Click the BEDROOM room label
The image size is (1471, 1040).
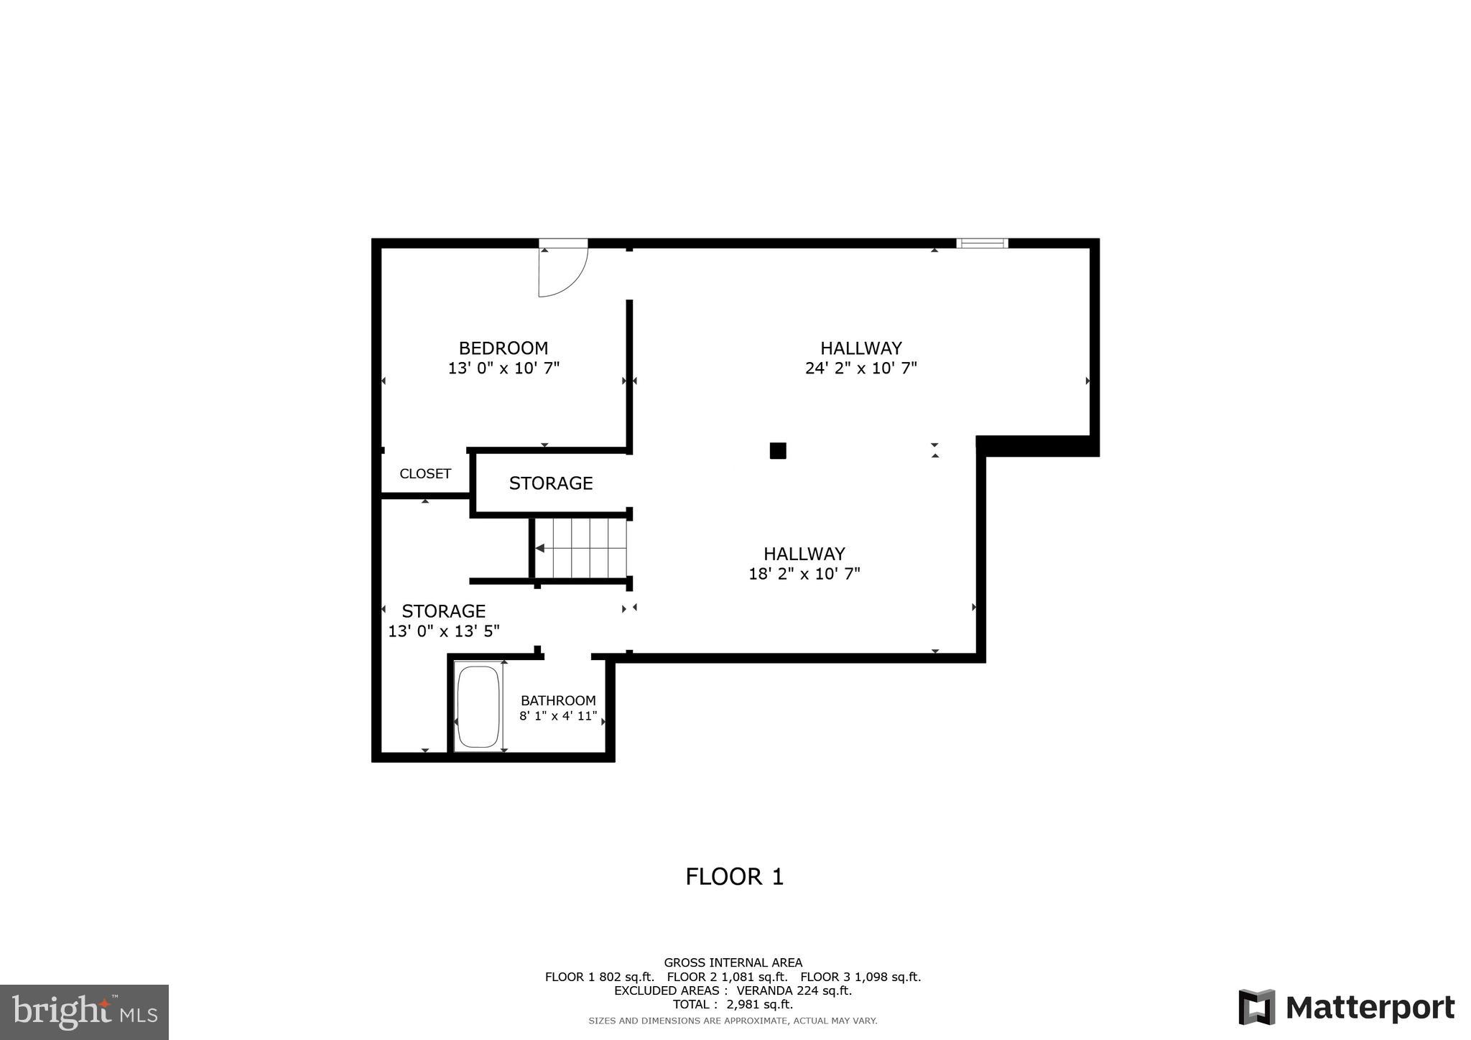503,348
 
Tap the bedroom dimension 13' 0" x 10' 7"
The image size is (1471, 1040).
504,368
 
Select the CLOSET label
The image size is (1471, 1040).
425,474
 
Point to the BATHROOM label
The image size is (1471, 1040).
558,700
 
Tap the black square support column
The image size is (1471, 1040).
778,451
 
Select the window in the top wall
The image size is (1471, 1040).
982,243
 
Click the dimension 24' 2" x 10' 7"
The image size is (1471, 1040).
861,368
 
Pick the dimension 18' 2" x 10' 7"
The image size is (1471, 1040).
804,574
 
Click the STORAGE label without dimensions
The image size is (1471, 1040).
551,483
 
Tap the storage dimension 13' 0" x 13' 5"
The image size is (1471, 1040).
444,631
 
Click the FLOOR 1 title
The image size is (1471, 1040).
734,877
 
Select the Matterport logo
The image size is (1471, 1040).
1347,1008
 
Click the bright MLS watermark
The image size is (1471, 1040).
84,1013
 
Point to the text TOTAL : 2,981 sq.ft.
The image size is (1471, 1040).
733,1005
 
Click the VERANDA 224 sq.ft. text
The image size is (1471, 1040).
794,990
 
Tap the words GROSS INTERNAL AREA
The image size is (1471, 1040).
733,962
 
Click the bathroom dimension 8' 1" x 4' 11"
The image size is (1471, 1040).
558,716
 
